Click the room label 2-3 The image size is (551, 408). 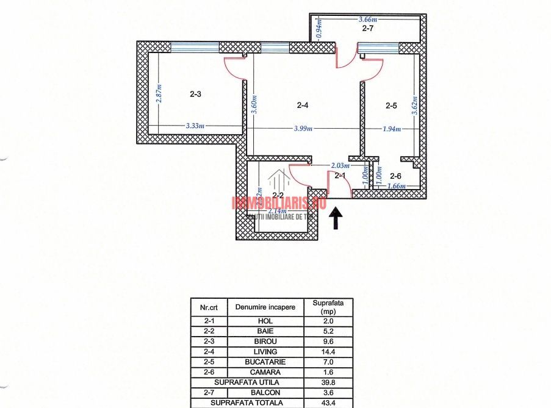(x=195, y=95)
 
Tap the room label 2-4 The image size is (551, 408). (x=303, y=106)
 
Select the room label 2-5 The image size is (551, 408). (x=391, y=106)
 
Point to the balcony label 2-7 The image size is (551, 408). (x=368, y=28)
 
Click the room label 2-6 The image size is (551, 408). (x=395, y=176)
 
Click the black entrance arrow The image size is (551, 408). (x=335, y=218)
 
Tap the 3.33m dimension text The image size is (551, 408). (x=195, y=126)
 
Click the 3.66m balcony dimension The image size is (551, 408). (x=368, y=20)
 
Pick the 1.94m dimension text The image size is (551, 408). (x=392, y=129)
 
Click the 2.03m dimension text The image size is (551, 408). (x=340, y=165)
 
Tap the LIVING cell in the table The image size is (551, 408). (x=265, y=352)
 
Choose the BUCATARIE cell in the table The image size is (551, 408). (x=265, y=362)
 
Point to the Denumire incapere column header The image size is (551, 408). (x=265, y=307)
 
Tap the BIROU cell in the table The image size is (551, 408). (x=265, y=342)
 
